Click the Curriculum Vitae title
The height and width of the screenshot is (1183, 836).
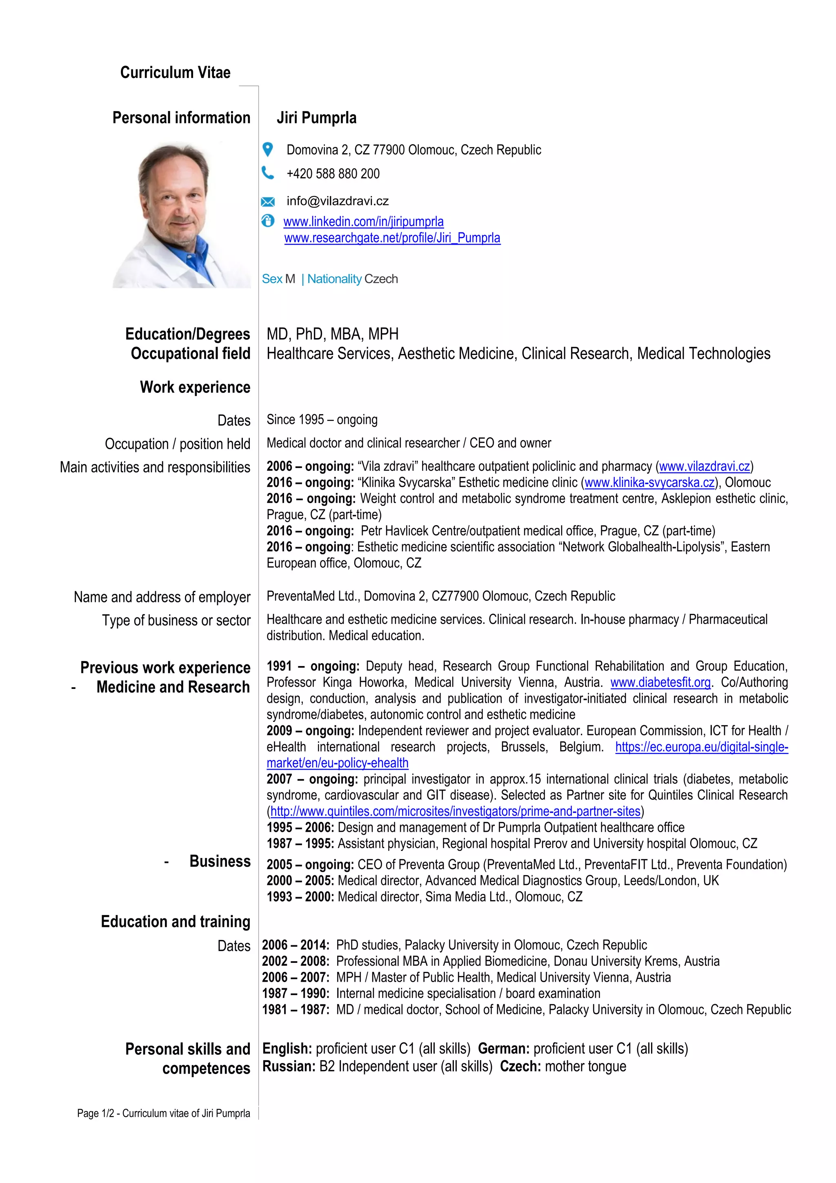(175, 73)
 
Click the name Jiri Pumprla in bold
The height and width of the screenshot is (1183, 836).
(316, 118)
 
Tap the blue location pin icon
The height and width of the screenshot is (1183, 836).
(268, 149)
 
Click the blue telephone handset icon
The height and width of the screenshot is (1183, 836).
(268, 173)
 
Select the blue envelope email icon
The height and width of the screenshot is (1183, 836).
(268, 201)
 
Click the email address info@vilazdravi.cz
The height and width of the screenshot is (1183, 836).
(338, 201)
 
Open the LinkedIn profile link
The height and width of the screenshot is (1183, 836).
(363, 222)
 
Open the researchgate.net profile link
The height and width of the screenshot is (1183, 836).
(392, 238)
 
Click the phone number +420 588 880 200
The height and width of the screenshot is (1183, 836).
(333, 174)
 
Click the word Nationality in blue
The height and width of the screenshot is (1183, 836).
(334, 279)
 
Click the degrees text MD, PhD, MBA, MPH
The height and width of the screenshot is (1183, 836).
(332, 334)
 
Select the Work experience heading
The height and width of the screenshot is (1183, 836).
(195, 387)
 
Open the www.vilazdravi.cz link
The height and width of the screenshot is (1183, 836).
(704, 466)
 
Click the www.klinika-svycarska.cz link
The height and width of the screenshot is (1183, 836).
(649, 483)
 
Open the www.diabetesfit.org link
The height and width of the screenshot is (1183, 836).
(660, 683)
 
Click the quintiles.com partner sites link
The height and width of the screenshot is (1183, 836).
(455, 811)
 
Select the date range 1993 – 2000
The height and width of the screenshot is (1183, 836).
(300, 897)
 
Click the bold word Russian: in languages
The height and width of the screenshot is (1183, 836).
(289, 1067)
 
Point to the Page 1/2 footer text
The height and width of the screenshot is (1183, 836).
(163, 1114)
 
